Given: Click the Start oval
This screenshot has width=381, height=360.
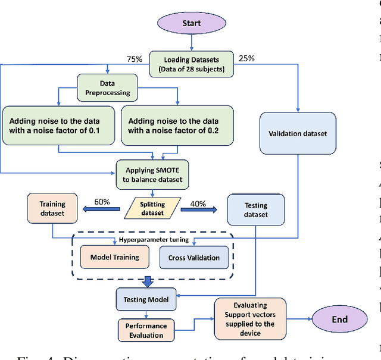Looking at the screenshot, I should click(192, 24).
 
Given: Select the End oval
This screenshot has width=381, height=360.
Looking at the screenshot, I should click(339, 320).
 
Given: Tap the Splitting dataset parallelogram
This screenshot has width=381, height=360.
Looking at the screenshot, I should click(154, 207).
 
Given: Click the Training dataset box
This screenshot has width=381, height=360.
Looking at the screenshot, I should click(54, 205).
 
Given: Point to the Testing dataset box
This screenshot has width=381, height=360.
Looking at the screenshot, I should click(256, 210).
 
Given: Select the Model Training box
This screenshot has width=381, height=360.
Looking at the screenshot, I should click(115, 257).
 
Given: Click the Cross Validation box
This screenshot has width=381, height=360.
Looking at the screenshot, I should click(193, 257).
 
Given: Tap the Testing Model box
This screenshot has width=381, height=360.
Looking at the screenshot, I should click(145, 299).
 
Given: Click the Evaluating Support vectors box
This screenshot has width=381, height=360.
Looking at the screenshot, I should click(249, 320).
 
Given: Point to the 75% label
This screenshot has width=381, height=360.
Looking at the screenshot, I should click(135, 59).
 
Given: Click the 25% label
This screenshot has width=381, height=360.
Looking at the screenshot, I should click(246, 58).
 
